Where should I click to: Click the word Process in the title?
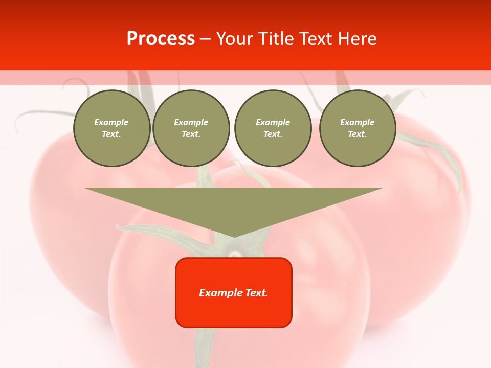[161, 39]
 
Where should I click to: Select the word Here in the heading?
[356, 39]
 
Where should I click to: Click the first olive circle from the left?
[111, 128]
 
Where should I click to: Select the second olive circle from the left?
[191, 128]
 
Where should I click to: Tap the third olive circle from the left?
[273, 128]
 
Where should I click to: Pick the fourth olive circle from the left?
[357, 128]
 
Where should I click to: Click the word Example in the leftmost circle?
[111, 122]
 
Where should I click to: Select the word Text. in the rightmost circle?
[357, 134]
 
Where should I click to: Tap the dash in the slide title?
[206, 39]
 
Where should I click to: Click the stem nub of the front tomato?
[234, 252]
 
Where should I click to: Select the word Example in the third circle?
[273, 122]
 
